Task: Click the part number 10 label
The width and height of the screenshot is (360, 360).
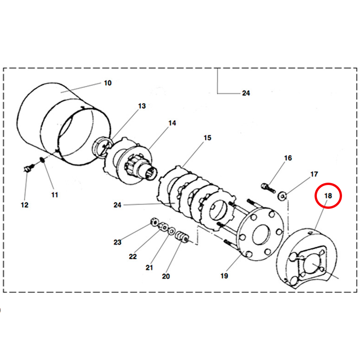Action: [108, 83]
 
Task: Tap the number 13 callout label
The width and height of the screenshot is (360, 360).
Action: [142, 106]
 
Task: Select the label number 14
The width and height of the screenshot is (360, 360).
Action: [172, 123]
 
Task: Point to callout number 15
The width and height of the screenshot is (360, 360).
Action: [207, 138]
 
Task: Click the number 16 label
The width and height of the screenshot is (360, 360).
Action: [288, 158]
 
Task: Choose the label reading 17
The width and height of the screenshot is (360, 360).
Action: [314, 174]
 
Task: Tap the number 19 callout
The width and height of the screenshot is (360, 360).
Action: [224, 275]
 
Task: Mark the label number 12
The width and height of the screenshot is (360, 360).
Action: [24, 205]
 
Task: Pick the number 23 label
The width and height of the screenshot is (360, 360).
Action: [117, 242]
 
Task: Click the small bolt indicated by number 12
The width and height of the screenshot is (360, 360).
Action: [28, 168]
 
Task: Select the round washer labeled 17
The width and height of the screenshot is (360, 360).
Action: [283, 195]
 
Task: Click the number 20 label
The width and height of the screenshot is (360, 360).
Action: [166, 276]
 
